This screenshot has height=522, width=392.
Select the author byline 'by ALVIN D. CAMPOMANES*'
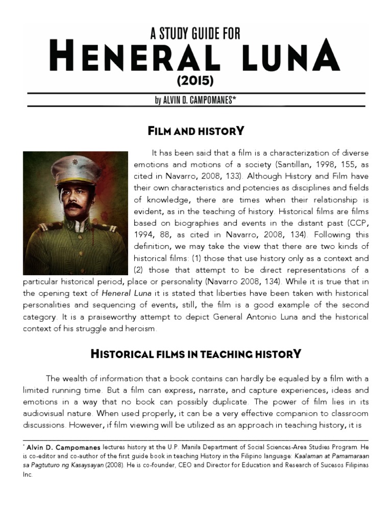(195, 100)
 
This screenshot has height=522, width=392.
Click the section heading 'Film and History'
(196, 131)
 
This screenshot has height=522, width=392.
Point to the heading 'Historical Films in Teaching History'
(196, 353)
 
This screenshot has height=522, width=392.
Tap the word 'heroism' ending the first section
(142, 328)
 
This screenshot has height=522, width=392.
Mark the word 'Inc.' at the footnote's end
(29, 474)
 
